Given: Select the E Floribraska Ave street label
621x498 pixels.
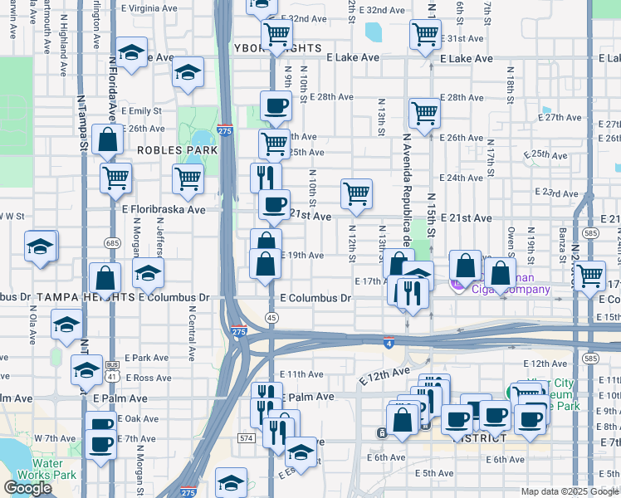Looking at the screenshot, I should coord(164,210).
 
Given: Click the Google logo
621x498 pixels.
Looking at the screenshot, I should coord(27,488).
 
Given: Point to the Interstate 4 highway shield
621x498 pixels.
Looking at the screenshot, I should coord(389,341).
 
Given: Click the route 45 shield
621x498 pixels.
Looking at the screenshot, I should coord(271,318).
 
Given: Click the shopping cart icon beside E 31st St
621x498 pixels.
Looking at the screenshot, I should coord(426,34).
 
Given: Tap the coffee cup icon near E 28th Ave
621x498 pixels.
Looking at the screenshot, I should coord(276,105).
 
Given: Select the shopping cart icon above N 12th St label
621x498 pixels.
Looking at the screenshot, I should coord(356,193).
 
